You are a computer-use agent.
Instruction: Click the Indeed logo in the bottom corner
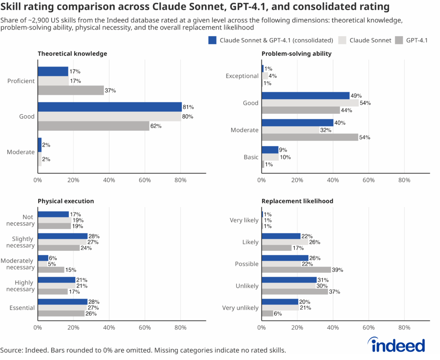coord(397,345)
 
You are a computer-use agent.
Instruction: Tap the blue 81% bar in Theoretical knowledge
coord(110,107)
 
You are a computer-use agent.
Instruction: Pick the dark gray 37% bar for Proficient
coord(70,90)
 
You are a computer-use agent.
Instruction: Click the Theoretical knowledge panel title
coord(72,54)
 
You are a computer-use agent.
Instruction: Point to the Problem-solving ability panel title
coord(296,54)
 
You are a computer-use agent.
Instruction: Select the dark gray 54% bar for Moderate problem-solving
coord(310,137)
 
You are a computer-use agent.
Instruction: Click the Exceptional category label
coord(242,76)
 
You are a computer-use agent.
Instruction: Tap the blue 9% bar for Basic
coord(270,150)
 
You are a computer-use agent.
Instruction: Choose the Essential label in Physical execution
coord(22,308)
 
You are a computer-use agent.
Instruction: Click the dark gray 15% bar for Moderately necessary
coord(51,270)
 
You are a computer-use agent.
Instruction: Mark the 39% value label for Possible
coord(337,270)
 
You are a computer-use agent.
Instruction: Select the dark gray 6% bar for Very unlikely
coord(267,314)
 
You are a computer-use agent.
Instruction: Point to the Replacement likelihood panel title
coord(297,201)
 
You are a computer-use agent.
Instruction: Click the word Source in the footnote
coord(10,350)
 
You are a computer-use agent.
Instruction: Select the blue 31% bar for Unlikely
coord(289,280)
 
